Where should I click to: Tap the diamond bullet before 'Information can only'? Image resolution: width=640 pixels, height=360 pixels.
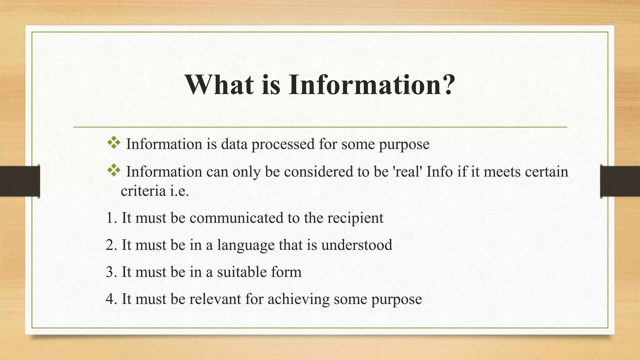(114, 170)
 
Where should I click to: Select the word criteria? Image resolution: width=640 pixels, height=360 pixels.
(143, 191)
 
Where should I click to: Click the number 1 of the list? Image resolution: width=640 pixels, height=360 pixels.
(109, 218)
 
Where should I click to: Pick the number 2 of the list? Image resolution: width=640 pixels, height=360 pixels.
(110, 245)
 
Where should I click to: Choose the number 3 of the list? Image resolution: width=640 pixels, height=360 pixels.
(110, 272)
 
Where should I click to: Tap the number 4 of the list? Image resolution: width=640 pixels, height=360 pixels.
(110, 299)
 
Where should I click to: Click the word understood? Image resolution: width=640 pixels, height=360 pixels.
(357, 245)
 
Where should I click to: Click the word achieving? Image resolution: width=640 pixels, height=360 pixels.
(298, 299)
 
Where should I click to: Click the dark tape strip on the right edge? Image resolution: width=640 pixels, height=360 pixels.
(620, 181)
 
